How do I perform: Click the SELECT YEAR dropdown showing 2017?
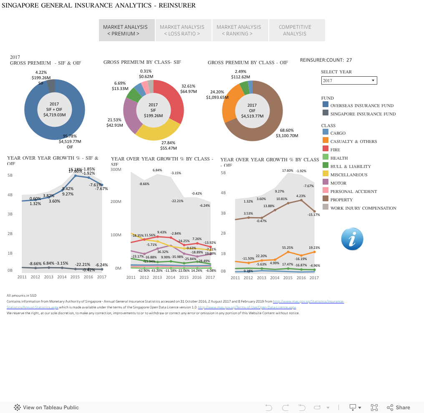(349, 80)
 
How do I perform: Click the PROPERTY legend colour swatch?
(326, 200)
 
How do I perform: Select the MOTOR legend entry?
(338, 183)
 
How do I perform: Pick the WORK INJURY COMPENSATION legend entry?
(363, 208)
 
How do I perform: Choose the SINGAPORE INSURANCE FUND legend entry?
(363, 114)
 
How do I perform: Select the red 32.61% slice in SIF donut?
(173, 100)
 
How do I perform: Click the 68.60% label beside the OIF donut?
(287, 130)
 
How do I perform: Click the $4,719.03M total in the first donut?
(54, 115)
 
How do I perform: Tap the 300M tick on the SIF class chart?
(116, 170)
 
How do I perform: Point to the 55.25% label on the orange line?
(288, 248)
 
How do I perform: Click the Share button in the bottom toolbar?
(399, 407)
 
